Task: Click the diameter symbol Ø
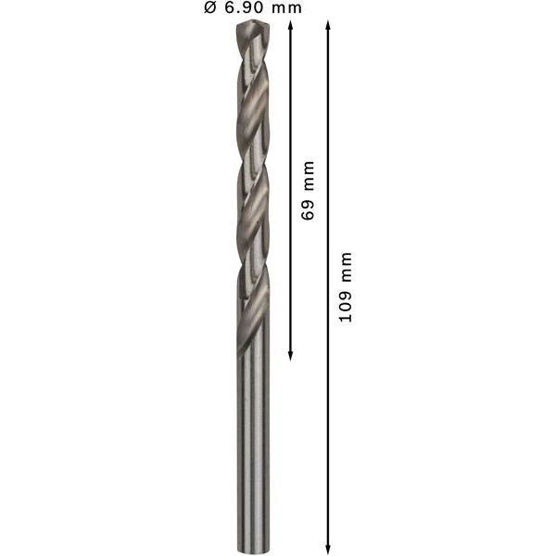point(210,9)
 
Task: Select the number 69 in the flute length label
point(309,209)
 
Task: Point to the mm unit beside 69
point(309,176)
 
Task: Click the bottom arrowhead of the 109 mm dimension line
point(328,546)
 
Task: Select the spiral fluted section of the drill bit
point(247,185)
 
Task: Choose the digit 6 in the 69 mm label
point(309,215)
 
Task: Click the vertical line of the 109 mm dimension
point(328,417)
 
